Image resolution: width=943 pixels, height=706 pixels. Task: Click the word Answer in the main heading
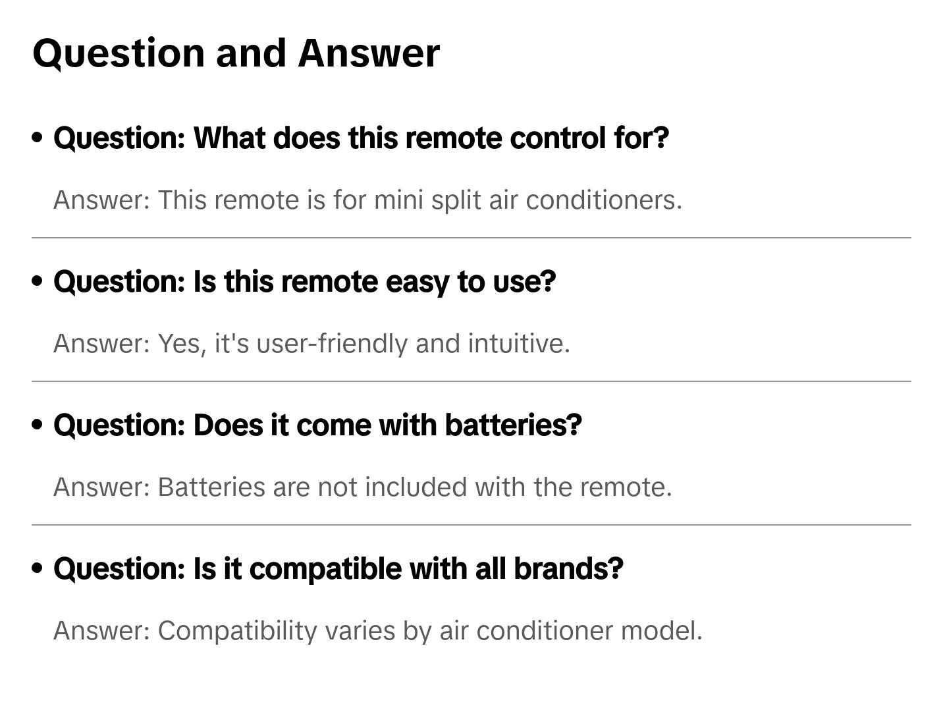point(368,53)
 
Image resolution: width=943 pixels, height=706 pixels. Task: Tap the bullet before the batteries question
point(38,425)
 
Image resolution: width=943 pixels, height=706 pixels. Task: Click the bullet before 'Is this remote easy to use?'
point(38,281)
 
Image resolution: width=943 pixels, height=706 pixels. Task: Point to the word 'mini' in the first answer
point(398,200)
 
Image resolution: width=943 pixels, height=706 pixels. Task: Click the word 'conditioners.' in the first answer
point(604,200)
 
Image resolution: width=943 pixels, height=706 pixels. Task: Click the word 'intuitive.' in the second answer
point(519,344)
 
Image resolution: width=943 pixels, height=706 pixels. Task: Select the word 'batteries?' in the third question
point(514,425)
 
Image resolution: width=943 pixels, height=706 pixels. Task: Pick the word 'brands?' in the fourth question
point(568,569)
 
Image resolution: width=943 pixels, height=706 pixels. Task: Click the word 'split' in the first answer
point(456,200)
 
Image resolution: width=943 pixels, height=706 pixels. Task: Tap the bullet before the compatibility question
point(38,568)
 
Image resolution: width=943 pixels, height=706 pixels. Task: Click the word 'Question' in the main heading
point(119,53)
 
